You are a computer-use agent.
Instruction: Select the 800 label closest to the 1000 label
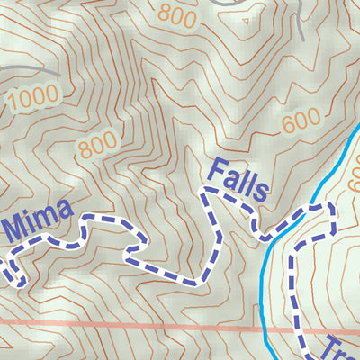tap(97, 144)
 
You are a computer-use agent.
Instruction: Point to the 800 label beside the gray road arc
tap(177, 13)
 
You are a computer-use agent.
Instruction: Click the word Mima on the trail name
tap(38, 217)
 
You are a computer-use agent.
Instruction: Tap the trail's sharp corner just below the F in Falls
tap(206, 192)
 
